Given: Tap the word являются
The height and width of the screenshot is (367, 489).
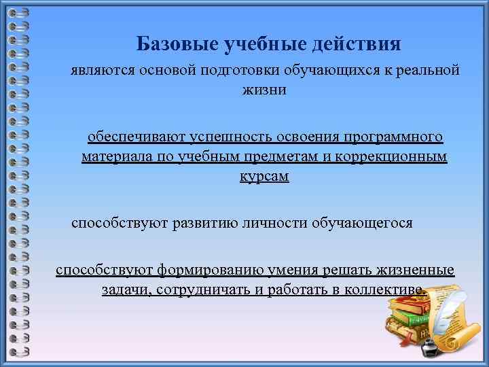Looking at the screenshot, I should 105,71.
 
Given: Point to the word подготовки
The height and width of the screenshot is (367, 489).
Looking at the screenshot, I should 250,71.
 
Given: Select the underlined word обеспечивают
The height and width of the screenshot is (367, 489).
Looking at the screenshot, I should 131,137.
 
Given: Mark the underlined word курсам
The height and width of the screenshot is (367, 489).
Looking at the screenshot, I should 264,176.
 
